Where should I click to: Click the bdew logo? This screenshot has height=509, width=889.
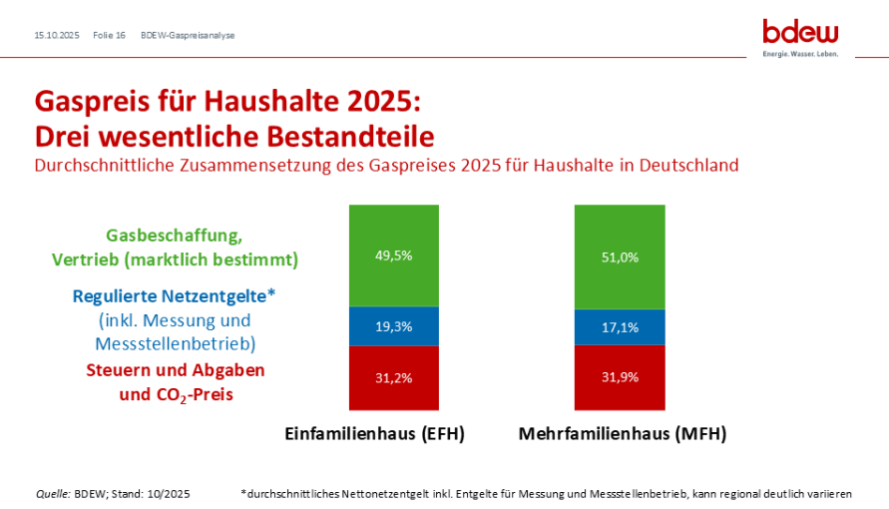[800, 34]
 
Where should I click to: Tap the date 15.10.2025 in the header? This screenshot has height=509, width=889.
[57, 35]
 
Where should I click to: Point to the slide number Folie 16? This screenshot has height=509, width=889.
[109, 35]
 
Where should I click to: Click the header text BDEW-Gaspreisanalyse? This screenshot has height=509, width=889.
[188, 35]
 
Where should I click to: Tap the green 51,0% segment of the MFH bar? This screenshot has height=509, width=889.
[620, 256]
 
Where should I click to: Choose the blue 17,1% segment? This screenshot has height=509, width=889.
[620, 326]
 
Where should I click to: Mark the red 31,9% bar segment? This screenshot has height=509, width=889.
[620, 377]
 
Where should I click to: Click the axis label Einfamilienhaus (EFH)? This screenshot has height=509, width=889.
[375, 434]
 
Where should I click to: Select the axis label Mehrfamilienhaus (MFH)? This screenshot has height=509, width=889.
[623, 434]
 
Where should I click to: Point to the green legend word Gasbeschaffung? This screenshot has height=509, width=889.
[175, 237]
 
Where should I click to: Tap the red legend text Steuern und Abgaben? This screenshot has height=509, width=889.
[176, 370]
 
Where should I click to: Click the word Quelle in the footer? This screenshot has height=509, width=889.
[52, 493]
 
